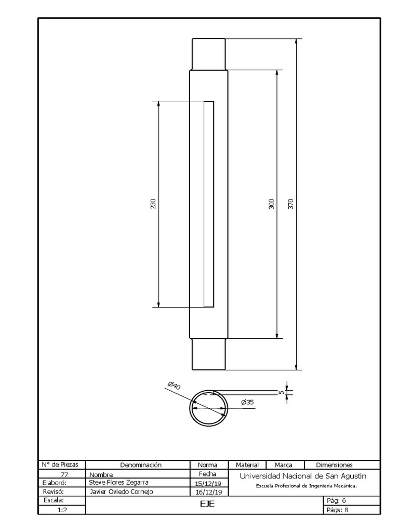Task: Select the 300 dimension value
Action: (x=271, y=204)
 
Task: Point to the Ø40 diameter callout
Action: (x=174, y=385)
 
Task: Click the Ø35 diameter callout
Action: (x=247, y=402)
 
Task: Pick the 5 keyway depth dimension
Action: (x=281, y=392)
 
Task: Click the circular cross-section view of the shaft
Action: (x=209, y=408)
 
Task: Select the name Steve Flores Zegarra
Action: (x=118, y=482)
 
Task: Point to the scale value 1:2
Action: (x=62, y=510)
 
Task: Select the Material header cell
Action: (x=247, y=465)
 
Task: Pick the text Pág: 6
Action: (x=335, y=501)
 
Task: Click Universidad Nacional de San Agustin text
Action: (x=303, y=476)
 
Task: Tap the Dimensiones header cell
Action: (x=334, y=465)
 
